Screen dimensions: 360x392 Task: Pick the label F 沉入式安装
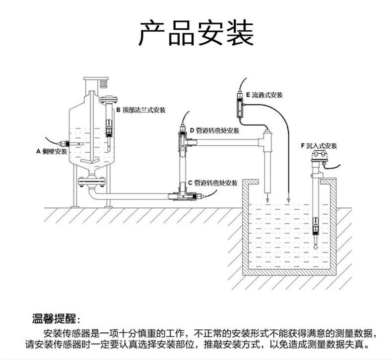(x=319, y=146)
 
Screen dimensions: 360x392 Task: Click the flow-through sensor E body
(x=241, y=106)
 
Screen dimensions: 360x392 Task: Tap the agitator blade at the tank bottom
(x=91, y=162)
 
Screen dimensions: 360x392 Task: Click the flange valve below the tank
(x=91, y=181)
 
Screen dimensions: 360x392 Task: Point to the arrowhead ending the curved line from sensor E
(x=288, y=199)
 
